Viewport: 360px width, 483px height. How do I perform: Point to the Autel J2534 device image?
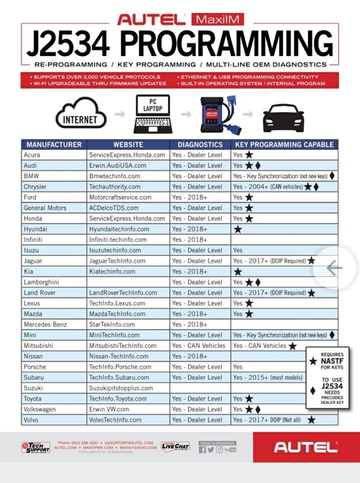click(218, 114)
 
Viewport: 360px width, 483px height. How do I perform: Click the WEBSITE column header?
click(128, 144)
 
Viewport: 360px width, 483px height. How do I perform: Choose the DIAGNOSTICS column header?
click(200, 144)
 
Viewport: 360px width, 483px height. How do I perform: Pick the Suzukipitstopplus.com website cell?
click(121, 388)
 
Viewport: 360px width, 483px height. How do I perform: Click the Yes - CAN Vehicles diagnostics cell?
click(199, 346)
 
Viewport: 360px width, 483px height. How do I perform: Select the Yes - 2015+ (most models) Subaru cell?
click(266, 377)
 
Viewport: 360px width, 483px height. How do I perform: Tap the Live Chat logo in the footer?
click(175, 447)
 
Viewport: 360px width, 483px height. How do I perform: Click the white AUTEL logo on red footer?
click(306, 447)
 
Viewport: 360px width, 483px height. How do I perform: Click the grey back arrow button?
click(333, 268)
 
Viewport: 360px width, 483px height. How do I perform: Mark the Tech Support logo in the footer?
click(36, 447)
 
